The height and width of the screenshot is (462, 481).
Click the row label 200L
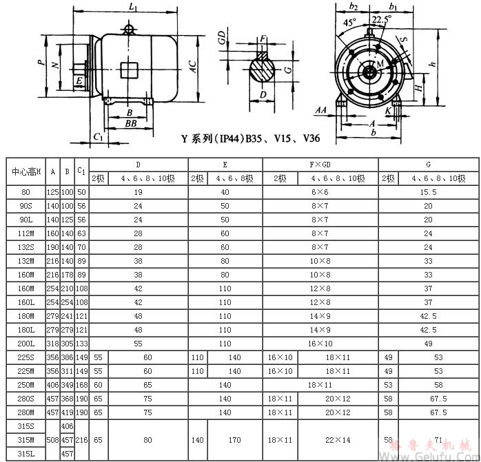point(25,343)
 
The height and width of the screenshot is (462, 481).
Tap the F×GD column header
point(320,165)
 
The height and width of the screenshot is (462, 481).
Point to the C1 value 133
point(81,343)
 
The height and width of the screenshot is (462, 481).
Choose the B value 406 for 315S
point(67,428)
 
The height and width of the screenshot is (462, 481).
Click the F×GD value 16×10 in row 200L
point(320,343)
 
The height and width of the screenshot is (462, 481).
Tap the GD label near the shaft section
point(222,38)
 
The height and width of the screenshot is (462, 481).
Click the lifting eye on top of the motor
point(128,29)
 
